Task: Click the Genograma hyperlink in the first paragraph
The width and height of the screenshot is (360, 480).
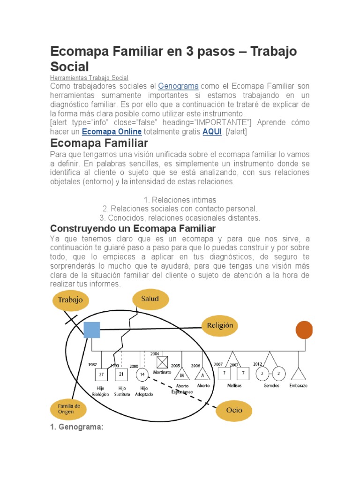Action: click(x=178, y=87)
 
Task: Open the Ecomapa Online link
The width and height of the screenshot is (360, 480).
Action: click(x=112, y=132)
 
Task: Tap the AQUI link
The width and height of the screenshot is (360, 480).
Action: click(x=211, y=132)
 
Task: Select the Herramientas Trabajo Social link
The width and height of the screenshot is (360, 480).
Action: click(x=89, y=78)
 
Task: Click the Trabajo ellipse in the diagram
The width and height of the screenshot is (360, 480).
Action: click(x=70, y=300)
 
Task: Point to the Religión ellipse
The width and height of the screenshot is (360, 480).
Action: click(x=220, y=325)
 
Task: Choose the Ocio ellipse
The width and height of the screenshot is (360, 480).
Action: click(x=234, y=410)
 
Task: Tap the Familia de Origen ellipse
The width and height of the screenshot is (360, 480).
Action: click(x=68, y=408)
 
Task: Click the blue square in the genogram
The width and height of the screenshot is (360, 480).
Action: click(x=92, y=330)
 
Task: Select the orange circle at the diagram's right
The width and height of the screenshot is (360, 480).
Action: click(x=304, y=330)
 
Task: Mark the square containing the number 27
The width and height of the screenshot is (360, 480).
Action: click(x=102, y=374)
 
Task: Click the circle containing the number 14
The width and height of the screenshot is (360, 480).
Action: click(x=142, y=374)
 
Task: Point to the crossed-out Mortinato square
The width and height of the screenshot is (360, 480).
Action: click(x=162, y=362)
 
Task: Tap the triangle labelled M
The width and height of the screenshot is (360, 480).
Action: click(x=181, y=375)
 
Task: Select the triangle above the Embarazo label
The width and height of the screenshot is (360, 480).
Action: click(x=298, y=374)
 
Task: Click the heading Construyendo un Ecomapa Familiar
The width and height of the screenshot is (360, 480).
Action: click(x=133, y=229)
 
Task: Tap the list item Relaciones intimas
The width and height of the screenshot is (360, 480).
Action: click(x=180, y=200)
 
